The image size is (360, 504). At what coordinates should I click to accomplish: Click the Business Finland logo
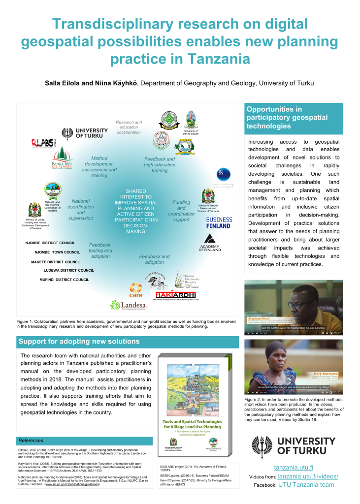[x=218, y=222]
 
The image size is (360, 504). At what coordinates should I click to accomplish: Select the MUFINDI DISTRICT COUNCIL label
[x=65, y=280]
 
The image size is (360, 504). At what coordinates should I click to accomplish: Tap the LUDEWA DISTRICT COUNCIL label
[x=68, y=270]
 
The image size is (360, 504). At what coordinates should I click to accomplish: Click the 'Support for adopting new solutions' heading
[x=79, y=341]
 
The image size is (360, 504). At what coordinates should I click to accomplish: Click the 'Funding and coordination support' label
[x=181, y=211]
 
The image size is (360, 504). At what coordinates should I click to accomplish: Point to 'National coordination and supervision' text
[x=81, y=209]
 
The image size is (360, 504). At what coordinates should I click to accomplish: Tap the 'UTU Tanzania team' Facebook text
[x=306, y=485]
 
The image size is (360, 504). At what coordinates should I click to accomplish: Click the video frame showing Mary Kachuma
[x=294, y=364]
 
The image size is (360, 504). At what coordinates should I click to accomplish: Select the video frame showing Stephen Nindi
[x=294, y=307]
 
